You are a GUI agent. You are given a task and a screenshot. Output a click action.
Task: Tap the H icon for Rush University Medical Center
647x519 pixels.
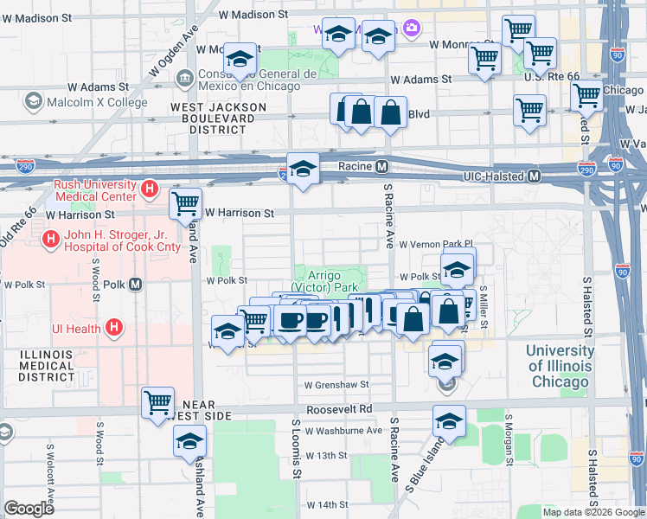click(151, 188)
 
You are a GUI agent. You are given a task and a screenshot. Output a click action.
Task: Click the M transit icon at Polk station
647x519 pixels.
click(135, 284)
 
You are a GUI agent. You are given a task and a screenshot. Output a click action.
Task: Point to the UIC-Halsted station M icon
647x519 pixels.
click(535, 176)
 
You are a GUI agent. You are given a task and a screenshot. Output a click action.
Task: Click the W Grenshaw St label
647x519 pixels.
click(336, 385)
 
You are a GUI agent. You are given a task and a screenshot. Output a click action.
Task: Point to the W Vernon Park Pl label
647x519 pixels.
click(437, 245)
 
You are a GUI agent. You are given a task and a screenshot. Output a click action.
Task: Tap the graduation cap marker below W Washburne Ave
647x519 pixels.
click(449, 421)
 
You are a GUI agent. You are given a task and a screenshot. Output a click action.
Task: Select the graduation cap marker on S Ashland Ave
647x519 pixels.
click(189, 442)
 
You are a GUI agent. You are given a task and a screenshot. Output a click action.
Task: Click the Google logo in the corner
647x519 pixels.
click(29, 509)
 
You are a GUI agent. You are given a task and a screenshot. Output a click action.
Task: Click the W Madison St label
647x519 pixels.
click(253, 15)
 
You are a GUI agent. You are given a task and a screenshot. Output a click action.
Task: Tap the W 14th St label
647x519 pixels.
click(326, 504)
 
